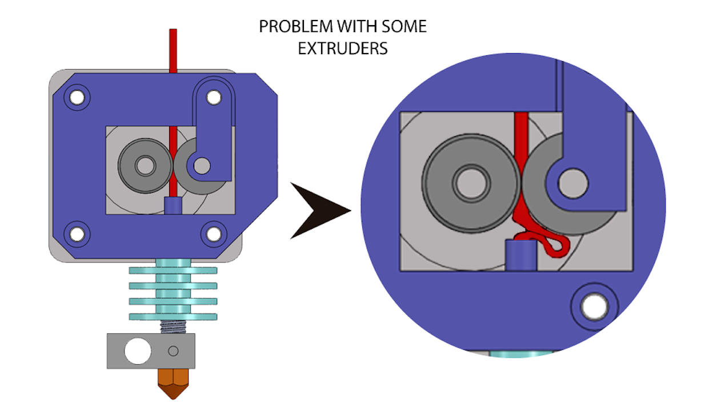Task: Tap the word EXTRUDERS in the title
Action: pos(343,49)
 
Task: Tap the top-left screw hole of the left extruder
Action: pos(75,97)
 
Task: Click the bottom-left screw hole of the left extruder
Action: pos(75,233)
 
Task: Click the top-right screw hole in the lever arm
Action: pos(214,97)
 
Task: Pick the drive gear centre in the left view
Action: pos(145,166)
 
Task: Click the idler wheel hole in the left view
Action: pos(201,166)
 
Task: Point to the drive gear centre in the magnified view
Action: pos(471,182)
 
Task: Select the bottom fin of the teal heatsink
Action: pos(173,316)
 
